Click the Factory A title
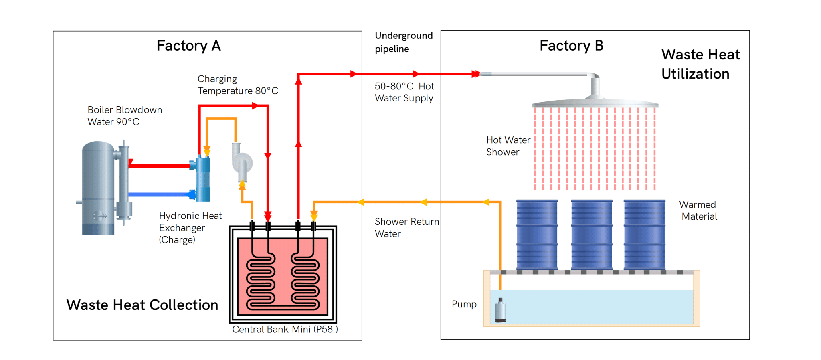(x=188, y=46)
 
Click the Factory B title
(x=571, y=46)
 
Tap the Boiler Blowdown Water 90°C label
(x=125, y=116)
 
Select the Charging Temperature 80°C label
(x=238, y=85)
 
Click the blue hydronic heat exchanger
(x=203, y=178)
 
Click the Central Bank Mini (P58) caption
(x=285, y=329)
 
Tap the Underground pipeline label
(x=404, y=42)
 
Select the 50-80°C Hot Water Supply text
(x=404, y=92)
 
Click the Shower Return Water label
(x=406, y=228)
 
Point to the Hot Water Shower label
(x=508, y=146)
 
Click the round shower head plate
(x=595, y=104)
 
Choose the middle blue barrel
(x=592, y=235)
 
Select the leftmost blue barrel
(x=537, y=235)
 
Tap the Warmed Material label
(x=698, y=210)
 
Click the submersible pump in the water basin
(x=500, y=311)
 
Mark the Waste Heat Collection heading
(x=142, y=305)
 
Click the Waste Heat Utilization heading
(x=700, y=64)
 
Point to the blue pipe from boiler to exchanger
(x=160, y=195)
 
